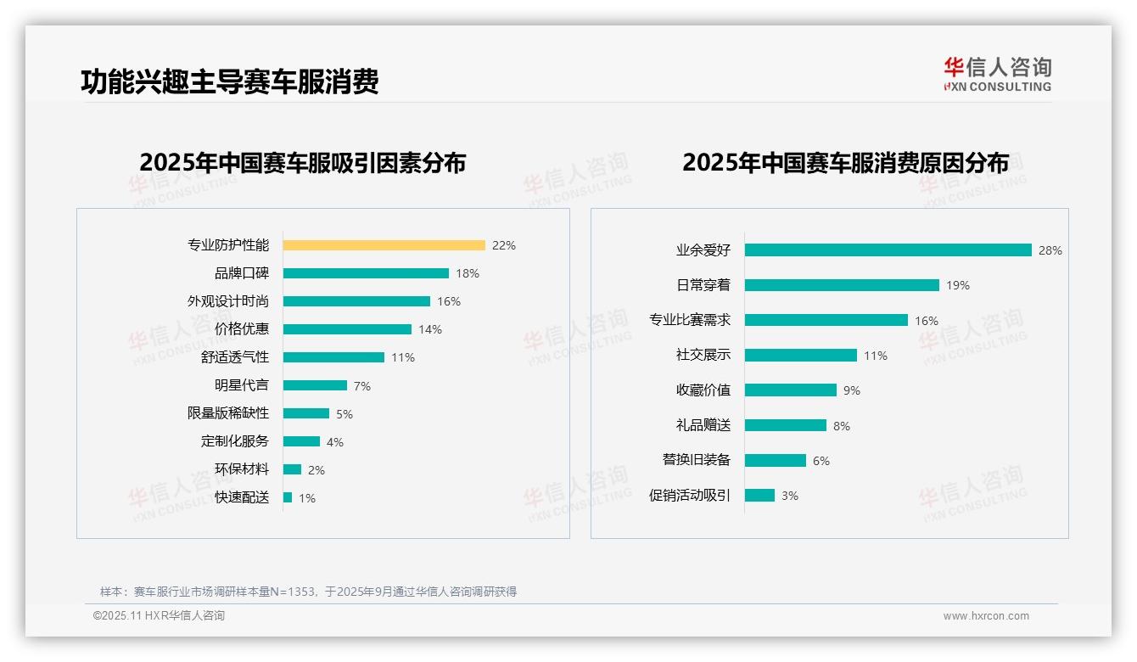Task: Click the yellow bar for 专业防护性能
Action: tap(384, 245)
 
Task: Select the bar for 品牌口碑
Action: tap(366, 273)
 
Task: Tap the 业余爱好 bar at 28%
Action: tap(888, 250)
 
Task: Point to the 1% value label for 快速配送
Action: tap(306, 498)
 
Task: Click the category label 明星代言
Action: tap(241, 385)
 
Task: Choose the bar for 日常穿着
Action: tap(842, 285)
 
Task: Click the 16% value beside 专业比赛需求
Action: tap(926, 321)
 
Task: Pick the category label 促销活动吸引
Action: tap(689, 496)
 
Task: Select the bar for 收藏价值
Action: tap(791, 390)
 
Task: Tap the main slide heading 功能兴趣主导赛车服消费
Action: tap(229, 81)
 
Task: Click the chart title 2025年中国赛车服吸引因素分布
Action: tap(302, 163)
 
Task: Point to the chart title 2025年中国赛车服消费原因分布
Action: tap(845, 163)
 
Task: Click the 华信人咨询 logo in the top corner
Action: tap(997, 75)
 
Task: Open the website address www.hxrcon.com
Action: tap(986, 616)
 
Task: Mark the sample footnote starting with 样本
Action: tap(308, 592)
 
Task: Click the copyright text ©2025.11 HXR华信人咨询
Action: tap(159, 616)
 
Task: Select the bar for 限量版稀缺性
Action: tap(306, 413)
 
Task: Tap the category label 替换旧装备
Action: tap(696, 460)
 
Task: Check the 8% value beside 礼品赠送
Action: tap(841, 426)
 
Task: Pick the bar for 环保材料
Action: tap(292, 469)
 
